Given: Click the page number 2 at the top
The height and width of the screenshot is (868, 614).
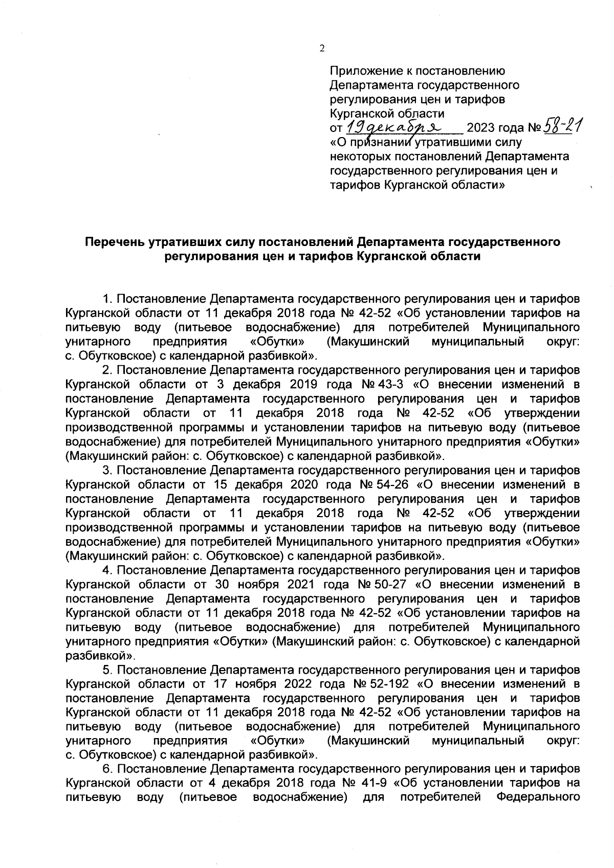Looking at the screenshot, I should (x=322, y=49).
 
